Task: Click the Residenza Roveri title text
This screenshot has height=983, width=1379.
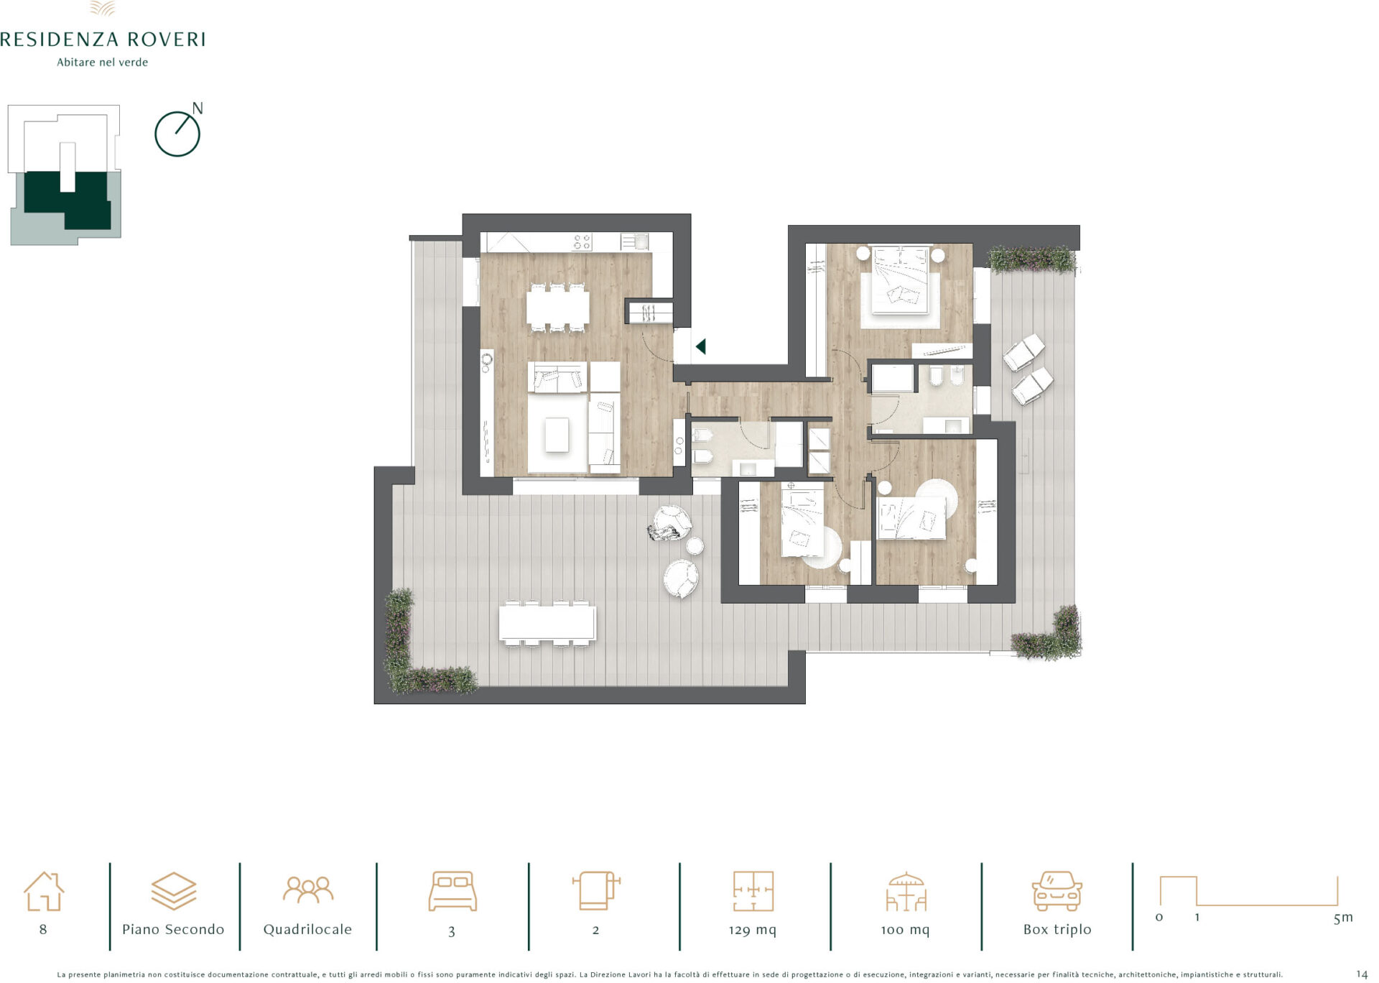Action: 103,39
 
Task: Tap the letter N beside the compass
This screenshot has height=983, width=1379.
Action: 198,109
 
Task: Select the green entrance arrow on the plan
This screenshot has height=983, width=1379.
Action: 700,346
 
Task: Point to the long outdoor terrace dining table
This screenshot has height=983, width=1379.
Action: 547,623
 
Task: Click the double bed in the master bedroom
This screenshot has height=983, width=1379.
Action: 900,280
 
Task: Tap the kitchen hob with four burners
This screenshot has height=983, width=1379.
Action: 582,241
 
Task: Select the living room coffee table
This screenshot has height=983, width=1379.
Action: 557,435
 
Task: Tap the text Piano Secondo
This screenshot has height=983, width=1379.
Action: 173,929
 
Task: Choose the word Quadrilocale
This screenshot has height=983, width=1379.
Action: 307,929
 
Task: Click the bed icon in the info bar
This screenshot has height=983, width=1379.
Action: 452,891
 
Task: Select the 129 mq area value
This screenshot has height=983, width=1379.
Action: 753,930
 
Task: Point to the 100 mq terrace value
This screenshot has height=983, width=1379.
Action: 905,930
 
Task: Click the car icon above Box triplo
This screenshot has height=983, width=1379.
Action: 1057,891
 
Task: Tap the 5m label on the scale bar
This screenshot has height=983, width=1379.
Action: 1343,918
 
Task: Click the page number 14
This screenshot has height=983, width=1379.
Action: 1362,974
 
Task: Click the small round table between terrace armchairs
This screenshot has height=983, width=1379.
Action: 695,547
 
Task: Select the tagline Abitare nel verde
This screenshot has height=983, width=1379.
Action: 103,63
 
